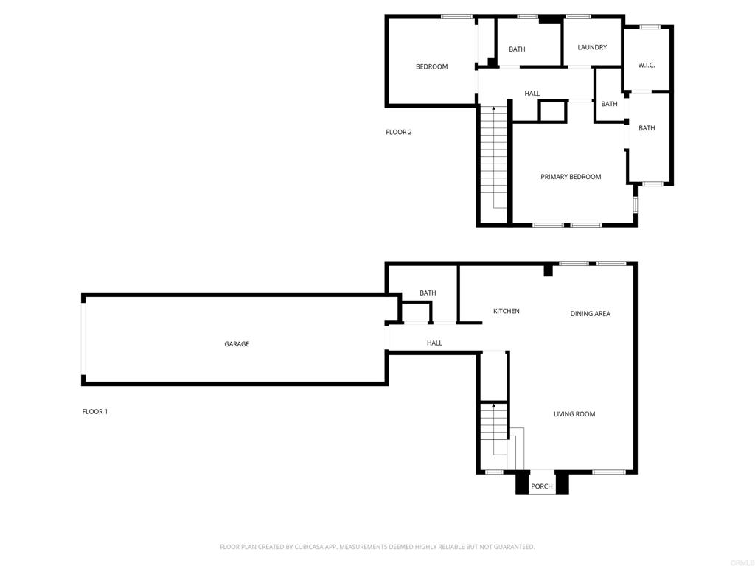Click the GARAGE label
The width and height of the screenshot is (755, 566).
click(237, 344)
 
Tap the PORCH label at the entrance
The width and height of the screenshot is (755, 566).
click(542, 486)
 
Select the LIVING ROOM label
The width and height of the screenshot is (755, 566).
click(574, 414)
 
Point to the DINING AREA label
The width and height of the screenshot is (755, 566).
click(591, 314)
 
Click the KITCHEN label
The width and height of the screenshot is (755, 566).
click(507, 312)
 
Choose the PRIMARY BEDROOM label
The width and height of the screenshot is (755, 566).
click(571, 177)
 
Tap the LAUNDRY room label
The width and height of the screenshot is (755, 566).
click(592, 48)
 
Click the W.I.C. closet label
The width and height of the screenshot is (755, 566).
click(646, 66)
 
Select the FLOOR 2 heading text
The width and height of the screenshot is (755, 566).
click(399, 133)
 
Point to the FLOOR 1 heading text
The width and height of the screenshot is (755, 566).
click(95, 412)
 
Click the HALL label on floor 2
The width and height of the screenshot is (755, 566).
click(532, 94)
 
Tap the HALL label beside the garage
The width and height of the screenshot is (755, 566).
click(434, 343)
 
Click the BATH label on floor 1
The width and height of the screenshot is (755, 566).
click(428, 293)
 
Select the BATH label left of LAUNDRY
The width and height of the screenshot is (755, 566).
click(517, 49)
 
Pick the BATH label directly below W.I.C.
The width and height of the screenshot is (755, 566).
click(647, 128)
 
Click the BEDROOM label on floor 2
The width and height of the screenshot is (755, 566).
click(432, 67)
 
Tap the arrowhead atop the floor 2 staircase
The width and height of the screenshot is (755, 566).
click(493, 109)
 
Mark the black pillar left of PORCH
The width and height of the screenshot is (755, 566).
click(522, 483)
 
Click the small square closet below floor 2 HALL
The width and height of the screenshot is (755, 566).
click(553, 111)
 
